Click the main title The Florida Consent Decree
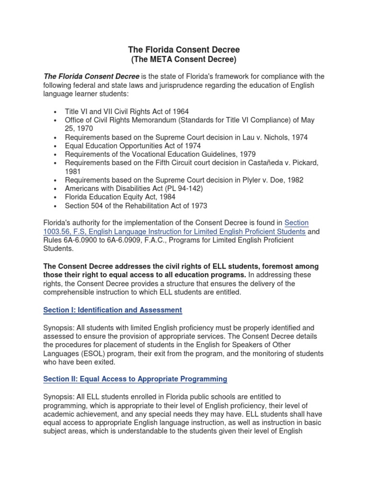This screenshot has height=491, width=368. [x=184, y=50]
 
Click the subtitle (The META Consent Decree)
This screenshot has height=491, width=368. [x=184, y=59]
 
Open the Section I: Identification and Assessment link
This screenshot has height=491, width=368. [x=113, y=310]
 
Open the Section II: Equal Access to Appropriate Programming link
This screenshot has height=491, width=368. [x=135, y=379]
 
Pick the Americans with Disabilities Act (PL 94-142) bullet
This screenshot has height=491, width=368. [x=134, y=189]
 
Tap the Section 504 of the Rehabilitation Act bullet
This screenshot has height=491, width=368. [x=136, y=206]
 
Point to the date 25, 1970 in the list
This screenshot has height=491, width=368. [x=79, y=129]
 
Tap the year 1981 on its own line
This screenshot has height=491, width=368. [x=73, y=172]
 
